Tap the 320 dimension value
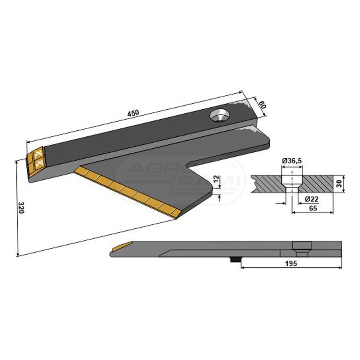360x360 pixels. pyautogui.click(x=21, y=208)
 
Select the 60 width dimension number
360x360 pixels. pyautogui.click(x=263, y=105)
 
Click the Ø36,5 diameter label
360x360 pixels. pyautogui.click(x=292, y=161)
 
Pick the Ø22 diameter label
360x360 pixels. pyautogui.click(x=312, y=199)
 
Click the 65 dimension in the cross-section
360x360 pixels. pyautogui.click(x=313, y=208)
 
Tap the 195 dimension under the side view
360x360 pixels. pyautogui.click(x=291, y=263)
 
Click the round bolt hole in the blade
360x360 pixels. pyautogui.click(x=220, y=115)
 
